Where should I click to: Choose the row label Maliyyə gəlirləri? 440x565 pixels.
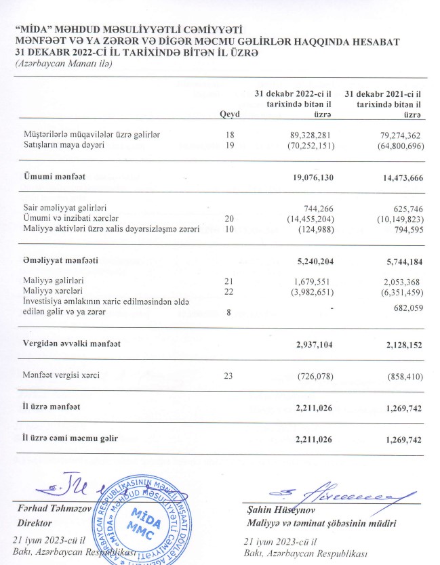[x=54, y=279]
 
